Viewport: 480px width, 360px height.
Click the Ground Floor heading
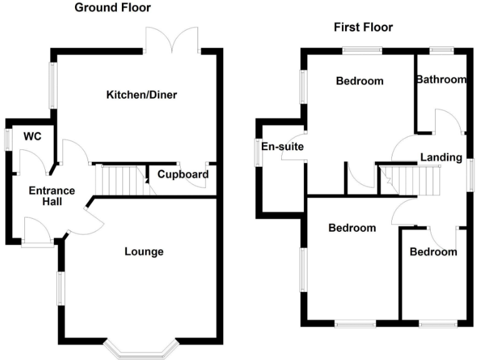(112, 7)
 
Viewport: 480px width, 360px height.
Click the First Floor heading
(363, 27)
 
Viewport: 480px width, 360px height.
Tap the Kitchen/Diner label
(142, 96)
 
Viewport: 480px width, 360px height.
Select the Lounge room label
(144, 252)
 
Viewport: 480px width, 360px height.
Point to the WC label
(32, 136)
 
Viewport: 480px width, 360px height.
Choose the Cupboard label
(182, 174)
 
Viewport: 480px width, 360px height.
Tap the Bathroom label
(441, 79)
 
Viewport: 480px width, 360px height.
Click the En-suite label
(282, 147)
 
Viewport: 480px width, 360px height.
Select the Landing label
(441, 157)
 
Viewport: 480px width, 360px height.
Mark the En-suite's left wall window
(257, 152)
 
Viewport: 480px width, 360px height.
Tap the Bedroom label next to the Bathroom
(359, 81)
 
